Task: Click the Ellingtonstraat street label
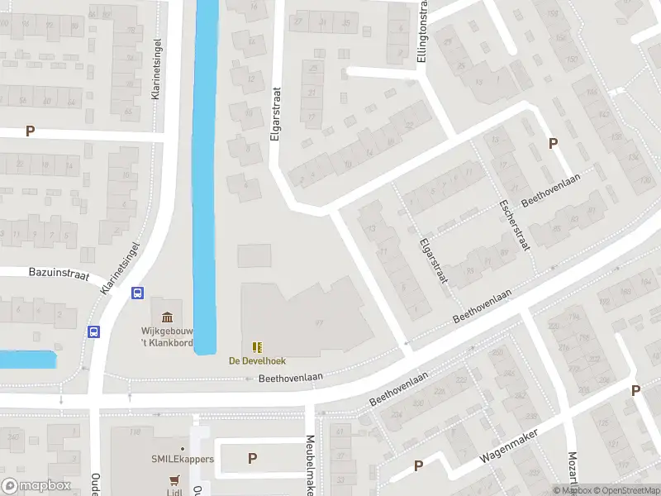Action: (422, 31)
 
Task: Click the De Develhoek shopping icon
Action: (256, 346)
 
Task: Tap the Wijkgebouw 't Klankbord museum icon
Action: (167, 317)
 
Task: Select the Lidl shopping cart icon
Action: (174, 479)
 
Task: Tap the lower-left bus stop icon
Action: (94, 331)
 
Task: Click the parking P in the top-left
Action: (31, 131)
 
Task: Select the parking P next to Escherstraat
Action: (554, 143)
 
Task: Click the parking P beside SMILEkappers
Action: (252, 458)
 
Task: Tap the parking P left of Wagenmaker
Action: (419, 465)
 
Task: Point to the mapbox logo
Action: (36, 486)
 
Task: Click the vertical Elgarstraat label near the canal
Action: (276, 116)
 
